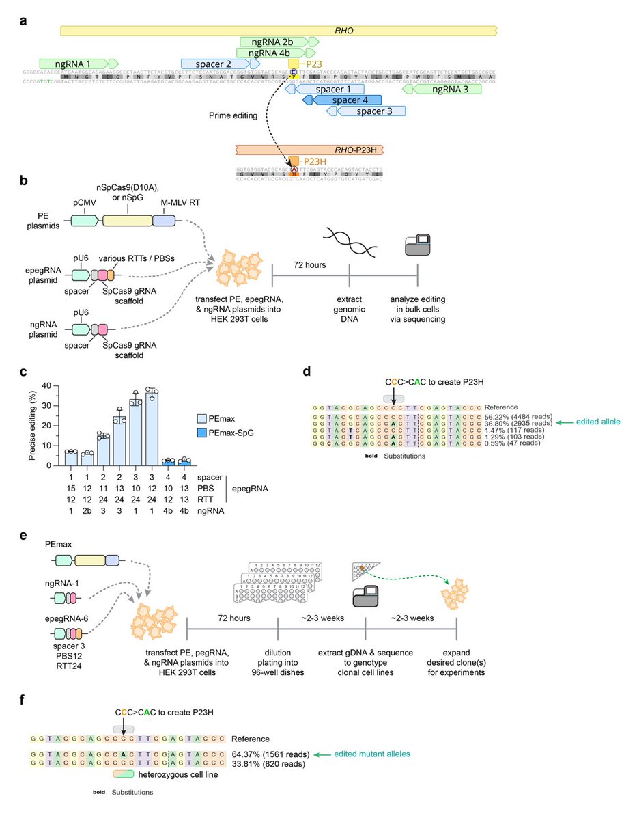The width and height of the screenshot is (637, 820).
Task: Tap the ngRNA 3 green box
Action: (x=441, y=90)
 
